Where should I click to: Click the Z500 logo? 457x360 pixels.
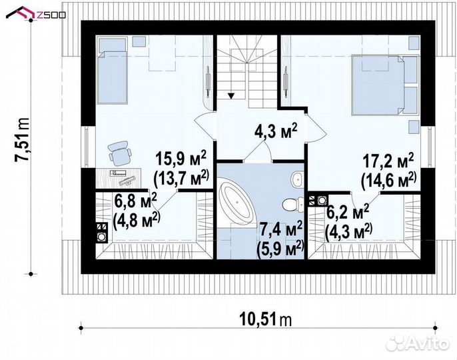click(x=36, y=13)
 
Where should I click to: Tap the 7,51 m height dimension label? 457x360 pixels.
click(x=23, y=139)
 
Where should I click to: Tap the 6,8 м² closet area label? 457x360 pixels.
click(x=135, y=201)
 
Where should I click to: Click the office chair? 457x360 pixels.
click(x=119, y=153)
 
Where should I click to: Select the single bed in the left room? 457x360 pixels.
click(x=113, y=70)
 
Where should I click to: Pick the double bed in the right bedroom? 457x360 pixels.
click(x=385, y=84)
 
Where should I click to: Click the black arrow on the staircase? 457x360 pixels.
click(x=231, y=96)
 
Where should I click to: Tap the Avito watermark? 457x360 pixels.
click(x=417, y=342)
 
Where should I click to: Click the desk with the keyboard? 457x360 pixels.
click(x=119, y=177)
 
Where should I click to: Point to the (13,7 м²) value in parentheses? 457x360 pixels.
click(x=181, y=179)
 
